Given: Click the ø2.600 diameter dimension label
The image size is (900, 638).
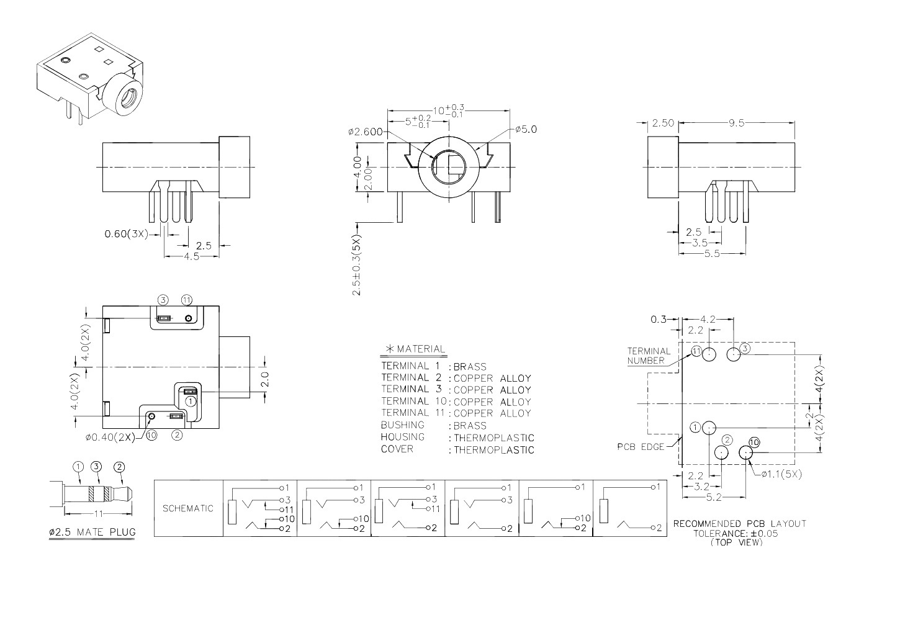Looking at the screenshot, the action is pyautogui.click(x=366, y=132).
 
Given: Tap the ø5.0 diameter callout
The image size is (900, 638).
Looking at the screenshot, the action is pyautogui.click(x=526, y=129).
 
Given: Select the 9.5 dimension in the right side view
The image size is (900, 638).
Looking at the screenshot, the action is pyautogui.click(x=737, y=124).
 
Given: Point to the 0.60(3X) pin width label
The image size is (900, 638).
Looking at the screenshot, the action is pyautogui.click(x=127, y=234).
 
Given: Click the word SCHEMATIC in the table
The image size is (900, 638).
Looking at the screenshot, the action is pyautogui.click(x=188, y=508).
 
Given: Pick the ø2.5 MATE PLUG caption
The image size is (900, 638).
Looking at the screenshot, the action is pyautogui.click(x=92, y=532).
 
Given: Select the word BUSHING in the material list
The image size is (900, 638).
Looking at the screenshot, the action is pyautogui.click(x=403, y=425).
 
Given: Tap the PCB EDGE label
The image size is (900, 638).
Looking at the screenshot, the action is pyautogui.click(x=641, y=447).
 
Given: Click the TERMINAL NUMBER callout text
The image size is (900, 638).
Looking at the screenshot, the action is pyautogui.click(x=649, y=356).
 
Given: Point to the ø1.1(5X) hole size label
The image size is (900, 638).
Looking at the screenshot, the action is pyautogui.click(x=781, y=475).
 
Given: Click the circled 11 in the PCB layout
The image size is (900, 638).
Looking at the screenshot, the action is pyautogui.click(x=696, y=351).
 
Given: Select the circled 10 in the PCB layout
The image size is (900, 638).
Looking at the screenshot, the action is pyautogui.click(x=754, y=443).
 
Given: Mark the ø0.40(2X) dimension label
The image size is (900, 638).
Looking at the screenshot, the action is pyautogui.click(x=110, y=438).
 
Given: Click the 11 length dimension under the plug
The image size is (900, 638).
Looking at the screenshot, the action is pyautogui.click(x=99, y=513).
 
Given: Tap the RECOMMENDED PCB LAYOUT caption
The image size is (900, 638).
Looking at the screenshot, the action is pyautogui.click(x=740, y=524).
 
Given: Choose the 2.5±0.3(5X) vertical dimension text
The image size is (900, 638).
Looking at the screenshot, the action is pyautogui.click(x=357, y=265).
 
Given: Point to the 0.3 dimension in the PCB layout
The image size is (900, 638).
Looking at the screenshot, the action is pyautogui.click(x=658, y=320).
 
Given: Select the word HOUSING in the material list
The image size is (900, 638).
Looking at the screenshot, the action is pyautogui.click(x=403, y=437).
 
